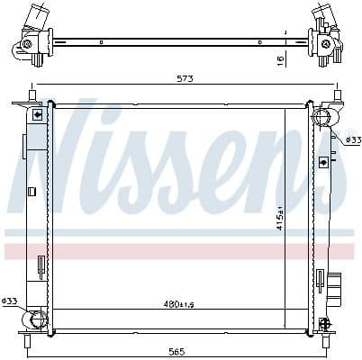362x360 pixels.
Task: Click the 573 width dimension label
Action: coord(186,78)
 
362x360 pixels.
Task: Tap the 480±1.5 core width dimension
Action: coord(178,304)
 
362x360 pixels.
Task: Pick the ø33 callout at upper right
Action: coord(352,139)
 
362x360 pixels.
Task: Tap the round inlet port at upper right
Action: coord(321,117)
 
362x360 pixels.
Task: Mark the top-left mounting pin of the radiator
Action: coord(32,95)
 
